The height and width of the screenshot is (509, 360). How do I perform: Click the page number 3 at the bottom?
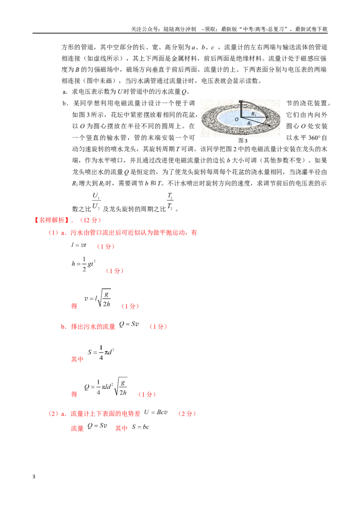[x=34, y=477]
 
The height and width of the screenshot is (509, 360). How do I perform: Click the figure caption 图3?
[x=243, y=141]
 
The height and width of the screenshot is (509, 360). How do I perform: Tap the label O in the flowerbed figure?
[x=237, y=120]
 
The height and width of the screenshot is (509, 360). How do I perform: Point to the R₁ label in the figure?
[x=254, y=114]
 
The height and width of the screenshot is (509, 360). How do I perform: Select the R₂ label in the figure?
[x=250, y=123]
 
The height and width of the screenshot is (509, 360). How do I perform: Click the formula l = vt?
[x=79, y=245]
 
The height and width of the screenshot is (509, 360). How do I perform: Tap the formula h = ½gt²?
[x=84, y=264]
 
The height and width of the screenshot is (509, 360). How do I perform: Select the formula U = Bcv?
[x=156, y=412]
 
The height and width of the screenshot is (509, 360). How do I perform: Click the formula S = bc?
[x=140, y=427]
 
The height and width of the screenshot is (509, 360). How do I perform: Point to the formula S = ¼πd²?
[x=101, y=353]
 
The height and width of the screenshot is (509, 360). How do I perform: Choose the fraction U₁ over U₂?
[x=96, y=201]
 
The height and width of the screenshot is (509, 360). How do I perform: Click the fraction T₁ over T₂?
[x=170, y=201]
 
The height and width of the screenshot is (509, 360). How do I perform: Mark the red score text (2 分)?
[x=187, y=414]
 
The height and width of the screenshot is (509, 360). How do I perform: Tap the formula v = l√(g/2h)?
[x=98, y=298]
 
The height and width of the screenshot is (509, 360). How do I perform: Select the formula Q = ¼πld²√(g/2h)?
[x=106, y=386]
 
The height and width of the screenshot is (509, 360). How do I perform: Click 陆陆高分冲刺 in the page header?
[x=180, y=29]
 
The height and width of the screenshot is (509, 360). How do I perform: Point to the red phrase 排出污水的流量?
[x=93, y=326]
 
